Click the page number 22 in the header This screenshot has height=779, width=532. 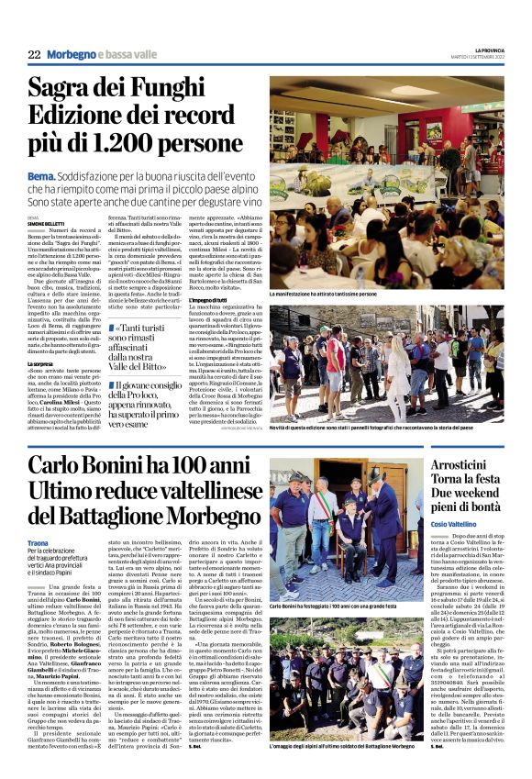point(34,55)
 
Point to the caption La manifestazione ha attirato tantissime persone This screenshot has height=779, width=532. point(337,293)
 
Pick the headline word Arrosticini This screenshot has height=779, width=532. point(469,461)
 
